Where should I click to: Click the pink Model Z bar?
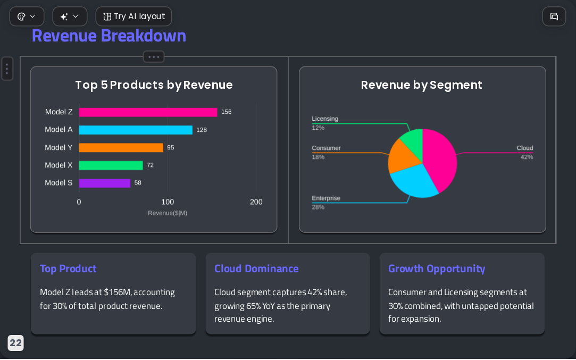click(x=148, y=112)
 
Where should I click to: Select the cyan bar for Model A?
click(x=136, y=130)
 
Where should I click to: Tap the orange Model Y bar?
click(x=121, y=147)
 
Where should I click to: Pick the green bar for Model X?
click(x=111, y=165)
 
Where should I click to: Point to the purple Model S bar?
click(x=105, y=183)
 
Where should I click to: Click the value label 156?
click(x=226, y=112)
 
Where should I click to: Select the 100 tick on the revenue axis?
click(x=168, y=202)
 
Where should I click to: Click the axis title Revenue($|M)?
click(x=168, y=213)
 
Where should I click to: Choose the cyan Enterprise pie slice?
click(x=413, y=180)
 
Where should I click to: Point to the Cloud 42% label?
click(x=525, y=153)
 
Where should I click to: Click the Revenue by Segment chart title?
click(x=421, y=85)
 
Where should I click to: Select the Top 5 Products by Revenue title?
click(x=154, y=85)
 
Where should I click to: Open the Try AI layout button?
click(x=133, y=16)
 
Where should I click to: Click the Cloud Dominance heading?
click(x=256, y=269)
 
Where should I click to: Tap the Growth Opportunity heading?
click(x=437, y=269)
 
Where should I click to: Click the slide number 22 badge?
click(x=15, y=343)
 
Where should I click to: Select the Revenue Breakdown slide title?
click(x=108, y=36)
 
